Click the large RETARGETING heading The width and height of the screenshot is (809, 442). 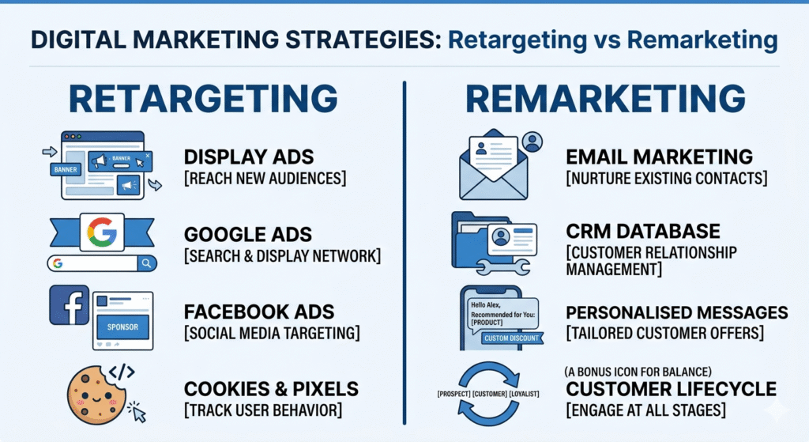[x=203, y=100]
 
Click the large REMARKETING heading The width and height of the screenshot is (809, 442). [x=605, y=100]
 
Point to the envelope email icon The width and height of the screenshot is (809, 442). [x=493, y=168]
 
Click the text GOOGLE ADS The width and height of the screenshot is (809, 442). [x=246, y=234]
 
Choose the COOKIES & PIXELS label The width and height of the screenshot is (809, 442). [x=271, y=388]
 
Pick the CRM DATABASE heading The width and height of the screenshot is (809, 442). [x=643, y=231]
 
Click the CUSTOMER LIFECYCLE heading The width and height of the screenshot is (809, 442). [x=671, y=388]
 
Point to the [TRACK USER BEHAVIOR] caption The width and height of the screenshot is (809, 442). [x=263, y=410]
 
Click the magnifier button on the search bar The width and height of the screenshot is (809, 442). [x=147, y=263]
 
